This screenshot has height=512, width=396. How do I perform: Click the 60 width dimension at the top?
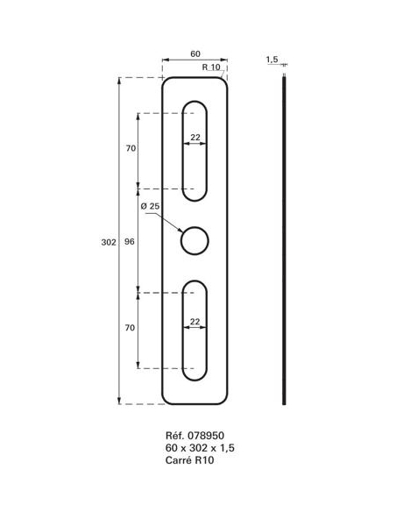(x=194, y=54)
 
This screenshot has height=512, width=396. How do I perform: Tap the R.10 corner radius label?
(x=210, y=68)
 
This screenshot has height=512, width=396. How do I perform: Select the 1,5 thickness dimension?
(x=272, y=60)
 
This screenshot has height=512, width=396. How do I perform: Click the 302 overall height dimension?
(x=109, y=241)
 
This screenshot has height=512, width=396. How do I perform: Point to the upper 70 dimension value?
(x=131, y=149)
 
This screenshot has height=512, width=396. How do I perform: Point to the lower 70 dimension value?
(x=131, y=328)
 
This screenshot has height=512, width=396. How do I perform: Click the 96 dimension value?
(x=131, y=240)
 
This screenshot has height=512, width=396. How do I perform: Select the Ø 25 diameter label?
(x=150, y=207)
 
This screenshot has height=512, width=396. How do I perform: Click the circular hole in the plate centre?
(x=194, y=240)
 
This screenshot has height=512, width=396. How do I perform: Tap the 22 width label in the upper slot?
(x=194, y=136)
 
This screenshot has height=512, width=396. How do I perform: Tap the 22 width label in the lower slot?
(x=194, y=322)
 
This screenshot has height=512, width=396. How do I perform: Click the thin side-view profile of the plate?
(x=284, y=241)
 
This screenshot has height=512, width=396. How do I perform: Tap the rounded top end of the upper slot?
(x=194, y=106)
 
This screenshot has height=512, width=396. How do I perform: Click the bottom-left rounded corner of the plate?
(x=166, y=399)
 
